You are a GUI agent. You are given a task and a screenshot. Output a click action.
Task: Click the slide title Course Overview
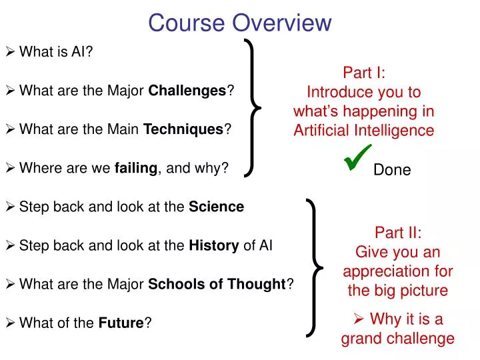click(x=239, y=23)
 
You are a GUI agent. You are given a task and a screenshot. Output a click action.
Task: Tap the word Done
click(x=392, y=170)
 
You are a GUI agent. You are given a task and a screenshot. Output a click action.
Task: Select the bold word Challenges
click(x=187, y=90)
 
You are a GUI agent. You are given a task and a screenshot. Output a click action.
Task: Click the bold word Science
click(x=217, y=207)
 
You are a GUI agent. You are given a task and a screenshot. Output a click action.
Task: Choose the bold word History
click(x=214, y=245)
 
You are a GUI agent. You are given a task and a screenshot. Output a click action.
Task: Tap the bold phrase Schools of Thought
click(x=217, y=285)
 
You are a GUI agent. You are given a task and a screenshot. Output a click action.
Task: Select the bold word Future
click(x=121, y=323)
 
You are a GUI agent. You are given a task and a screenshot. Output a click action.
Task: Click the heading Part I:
click(x=363, y=72)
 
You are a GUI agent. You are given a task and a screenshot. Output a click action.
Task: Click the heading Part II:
click(x=398, y=233)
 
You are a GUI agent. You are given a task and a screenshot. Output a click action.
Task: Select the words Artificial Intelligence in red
click(x=363, y=130)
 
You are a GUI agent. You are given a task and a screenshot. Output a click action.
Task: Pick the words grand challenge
click(x=398, y=338)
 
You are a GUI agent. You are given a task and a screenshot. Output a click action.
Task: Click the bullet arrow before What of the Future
click(x=10, y=323)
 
